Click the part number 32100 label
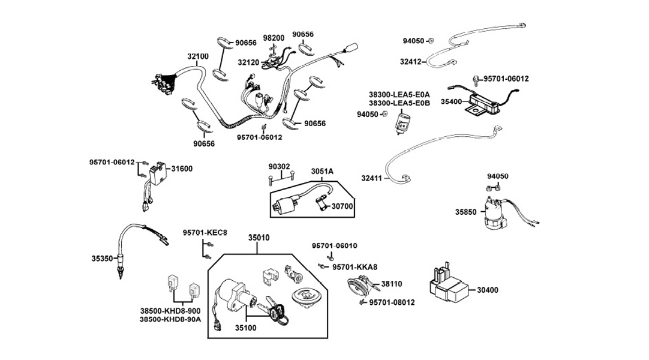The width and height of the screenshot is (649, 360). coord(198,56)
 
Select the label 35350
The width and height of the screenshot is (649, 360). coord(102,259)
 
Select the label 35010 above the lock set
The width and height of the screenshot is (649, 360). coord(259,238)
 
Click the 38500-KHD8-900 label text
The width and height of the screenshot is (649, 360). coord(170,311)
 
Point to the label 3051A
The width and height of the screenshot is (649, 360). coord(322,172)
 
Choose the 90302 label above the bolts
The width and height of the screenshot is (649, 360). coord(279,166)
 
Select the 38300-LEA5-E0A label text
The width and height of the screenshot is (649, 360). coord(399,95)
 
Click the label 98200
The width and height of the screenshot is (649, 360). coord(274,37)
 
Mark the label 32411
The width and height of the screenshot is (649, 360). coord(372,178)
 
